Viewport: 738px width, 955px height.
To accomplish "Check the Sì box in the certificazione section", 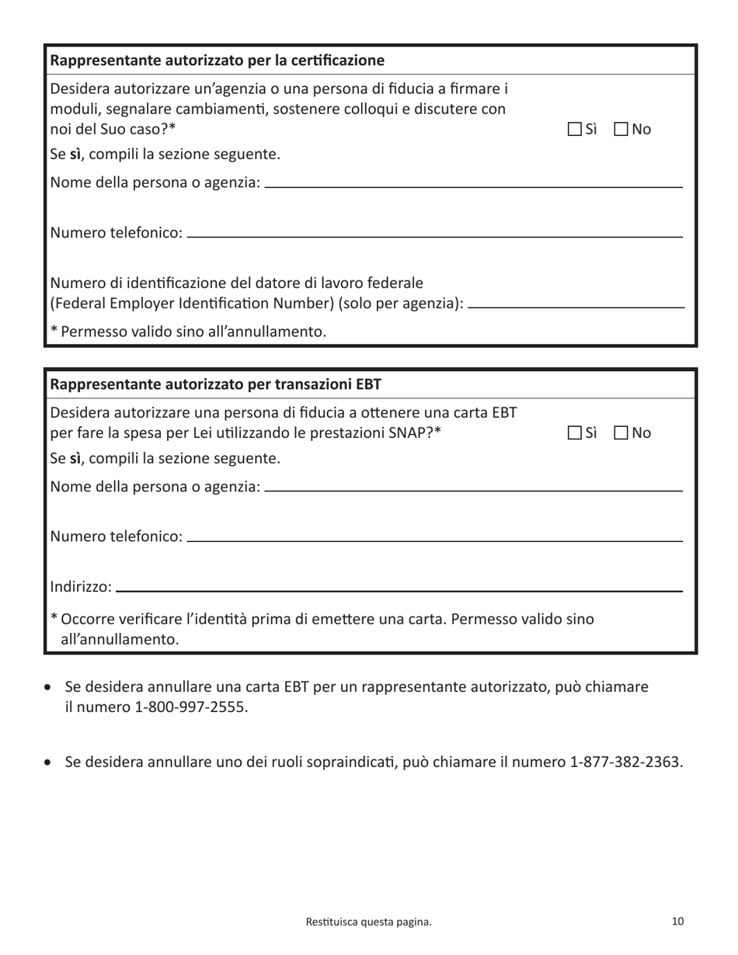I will (x=574, y=129).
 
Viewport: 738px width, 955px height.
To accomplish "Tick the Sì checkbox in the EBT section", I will (x=574, y=432).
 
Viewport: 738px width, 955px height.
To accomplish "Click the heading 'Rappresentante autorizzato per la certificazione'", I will (x=218, y=61).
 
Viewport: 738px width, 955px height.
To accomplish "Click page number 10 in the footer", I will (x=677, y=922).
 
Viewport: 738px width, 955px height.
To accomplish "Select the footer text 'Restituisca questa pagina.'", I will (x=369, y=922).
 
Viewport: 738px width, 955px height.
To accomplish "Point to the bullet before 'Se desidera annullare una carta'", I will (x=50, y=688).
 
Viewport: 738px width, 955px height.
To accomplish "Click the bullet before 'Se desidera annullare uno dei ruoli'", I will (x=50, y=762).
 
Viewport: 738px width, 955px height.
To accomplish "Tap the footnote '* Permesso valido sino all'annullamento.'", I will (x=188, y=332).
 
